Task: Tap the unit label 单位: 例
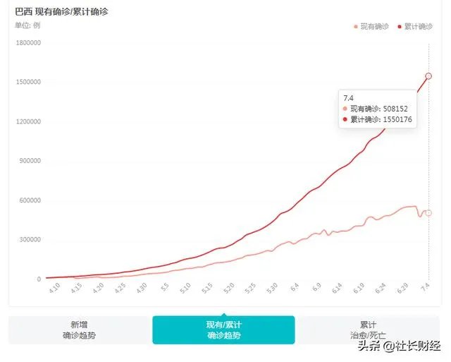pos(27,25)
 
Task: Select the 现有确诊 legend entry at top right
pos(371,26)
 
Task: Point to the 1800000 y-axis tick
pos(27,43)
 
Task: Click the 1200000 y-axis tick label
pos(27,121)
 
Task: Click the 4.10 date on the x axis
pos(55,289)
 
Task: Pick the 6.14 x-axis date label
pos(338,289)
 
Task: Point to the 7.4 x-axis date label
pos(426,289)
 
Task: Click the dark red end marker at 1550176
pos(428,76)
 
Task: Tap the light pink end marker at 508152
pos(428,213)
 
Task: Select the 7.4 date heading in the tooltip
pos(348,97)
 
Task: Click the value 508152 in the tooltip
pos(393,109)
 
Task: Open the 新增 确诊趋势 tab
pos(79,330)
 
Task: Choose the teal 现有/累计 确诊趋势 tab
pos(223,330)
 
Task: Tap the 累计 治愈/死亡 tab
pos(368,330)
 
